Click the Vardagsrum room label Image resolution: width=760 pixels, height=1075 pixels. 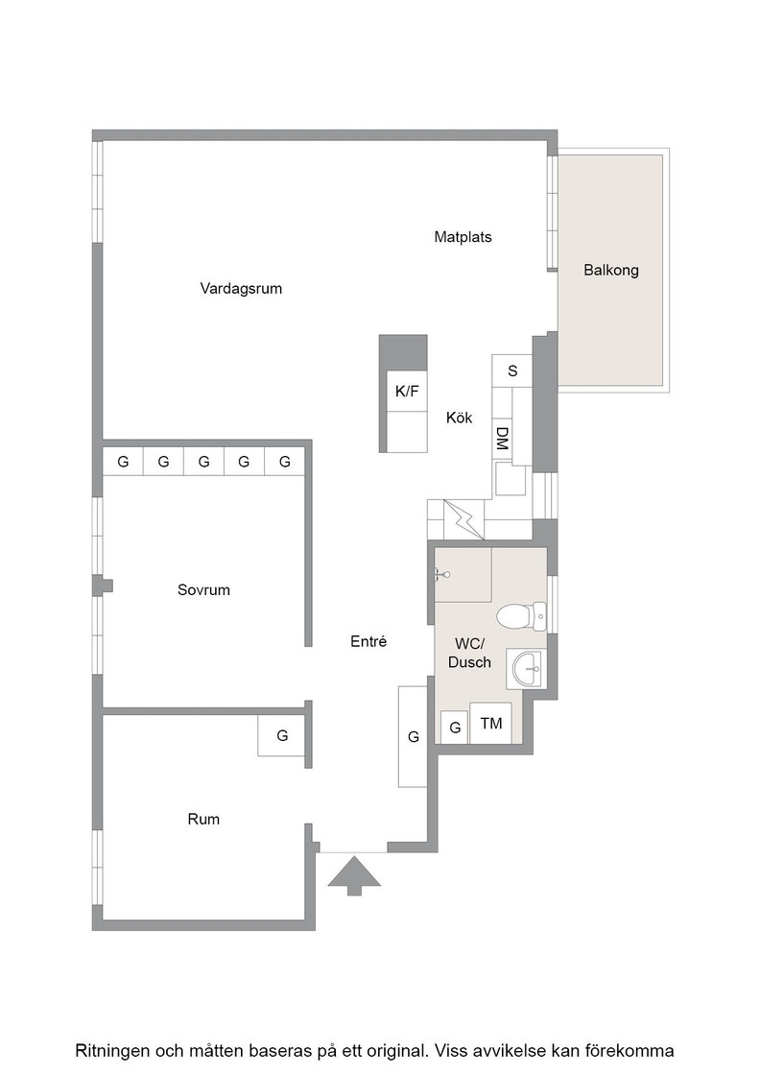tap(241, 289)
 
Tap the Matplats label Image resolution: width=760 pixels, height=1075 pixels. tap(463, 237)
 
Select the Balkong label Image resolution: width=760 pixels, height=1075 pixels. tap(610, 270)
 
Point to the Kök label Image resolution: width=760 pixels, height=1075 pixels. tap(459, 418)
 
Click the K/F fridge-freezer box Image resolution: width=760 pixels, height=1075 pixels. tap(406, 392)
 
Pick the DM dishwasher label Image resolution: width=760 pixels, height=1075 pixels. tap(502, 439)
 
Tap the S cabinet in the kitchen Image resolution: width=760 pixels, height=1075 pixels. tap(511, 370)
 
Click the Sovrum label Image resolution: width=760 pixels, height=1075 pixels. tap(203, 589)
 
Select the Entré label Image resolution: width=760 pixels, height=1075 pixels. tap(368, 642)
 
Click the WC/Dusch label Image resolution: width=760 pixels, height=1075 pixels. tap(469, 654)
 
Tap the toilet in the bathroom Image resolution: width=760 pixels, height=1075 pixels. tap(521, 616)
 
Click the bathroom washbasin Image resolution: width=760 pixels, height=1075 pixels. tap(526, 668)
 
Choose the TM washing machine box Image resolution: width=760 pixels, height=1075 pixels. tap(490, 724)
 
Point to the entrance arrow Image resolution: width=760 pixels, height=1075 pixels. tap(354, 875)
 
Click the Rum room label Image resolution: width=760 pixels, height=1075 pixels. tap(203, 820)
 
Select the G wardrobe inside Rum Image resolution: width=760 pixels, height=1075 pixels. tap(282, 735)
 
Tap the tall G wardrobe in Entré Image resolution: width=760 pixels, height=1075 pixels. tap(414, 736)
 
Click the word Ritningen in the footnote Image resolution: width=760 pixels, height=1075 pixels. tap(112, 1051)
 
